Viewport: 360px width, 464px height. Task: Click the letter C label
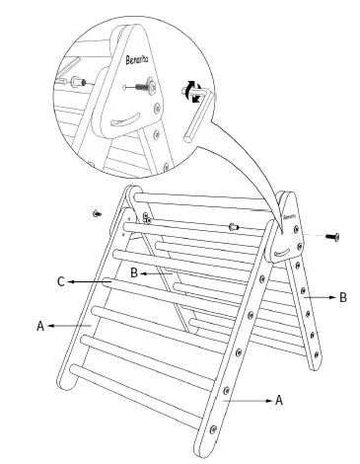pyautogui.click(x=61, y=282)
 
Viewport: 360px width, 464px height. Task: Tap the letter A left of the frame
pyautogui.click(x=40, y=326)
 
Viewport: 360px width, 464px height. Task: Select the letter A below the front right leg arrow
pyautogui.click(x=279, y=401)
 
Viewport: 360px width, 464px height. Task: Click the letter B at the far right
pyautogui.click(x=343, y=297)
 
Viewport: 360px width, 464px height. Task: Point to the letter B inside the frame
pyautogui.click(x=134, y=272)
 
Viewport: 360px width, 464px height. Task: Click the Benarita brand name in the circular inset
pyautogui.click(x=137, y=59)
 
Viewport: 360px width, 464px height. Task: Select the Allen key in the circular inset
pyautogui.click(x=197, y=112)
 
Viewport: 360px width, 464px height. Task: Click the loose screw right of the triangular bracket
pyautogui.click(x=332, y=237)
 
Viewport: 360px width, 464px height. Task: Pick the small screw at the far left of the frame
pyautogui.click(x=97, y=213)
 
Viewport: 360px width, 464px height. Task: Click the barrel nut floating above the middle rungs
pyautogui.click(x=234, y=226)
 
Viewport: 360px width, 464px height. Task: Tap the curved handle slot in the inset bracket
pyautogui.click(x=125, y=119)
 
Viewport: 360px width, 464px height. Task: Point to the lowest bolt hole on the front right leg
pyautogui.click(x=213, y=429)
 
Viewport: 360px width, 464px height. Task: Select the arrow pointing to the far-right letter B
pyautogui.click(x=320, y=297)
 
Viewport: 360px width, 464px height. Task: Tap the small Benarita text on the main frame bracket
pyautogui.click(x=289, y=217)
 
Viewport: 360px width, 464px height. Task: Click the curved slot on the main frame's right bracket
pyautogui.click(x=283, y=253)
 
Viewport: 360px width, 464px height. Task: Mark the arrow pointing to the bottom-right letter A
pyautogui.click(x=248, y=401)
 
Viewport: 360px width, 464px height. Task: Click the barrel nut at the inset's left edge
pyautogui.click(x=78, y=82)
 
